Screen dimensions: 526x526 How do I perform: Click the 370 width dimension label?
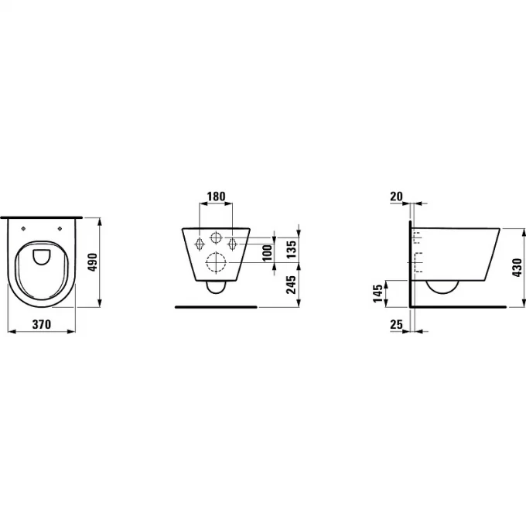point(42,326)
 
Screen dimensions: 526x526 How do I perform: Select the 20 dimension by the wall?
point(396,196)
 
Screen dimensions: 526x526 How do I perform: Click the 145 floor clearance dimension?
point(378,293)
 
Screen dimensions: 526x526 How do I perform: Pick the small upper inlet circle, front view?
point(217,236)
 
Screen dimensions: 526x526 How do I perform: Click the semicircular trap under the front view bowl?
point(217,289)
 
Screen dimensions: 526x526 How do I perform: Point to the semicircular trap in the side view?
point(442,288)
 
